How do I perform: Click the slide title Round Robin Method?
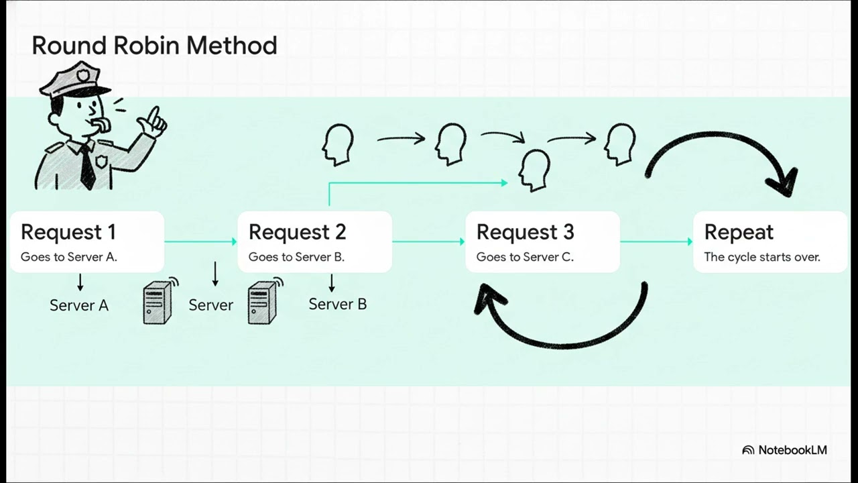pyautogui.click(x=154, y=46)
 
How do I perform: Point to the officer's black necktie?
pyautogui.click(x=88, y=167)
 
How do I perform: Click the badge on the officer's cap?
pyautogui.click(x=82, y=75)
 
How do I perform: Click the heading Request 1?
pyautogui.click(x=68, y=232)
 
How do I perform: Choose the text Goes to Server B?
pyautogui.click(x=296, y=257)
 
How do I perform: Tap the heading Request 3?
pyautogui.click(x=525, y=232)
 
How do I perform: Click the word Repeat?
pyautogui.click(x=739, y=233)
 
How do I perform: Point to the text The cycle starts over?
pyautogui.click(x=762, y=257)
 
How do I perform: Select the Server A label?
pyautogui.click(x=79, y=305)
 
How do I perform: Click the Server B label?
pyautogui.click(x=337, y=305)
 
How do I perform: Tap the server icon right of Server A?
pyautogui.click(x=160, y=301)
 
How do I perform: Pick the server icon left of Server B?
pyautogui.click(x=265, y=301)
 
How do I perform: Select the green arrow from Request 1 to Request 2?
pyautogui.click(x=200, y=241)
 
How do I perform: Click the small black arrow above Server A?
pyautogui.click(x=80, y=282)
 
